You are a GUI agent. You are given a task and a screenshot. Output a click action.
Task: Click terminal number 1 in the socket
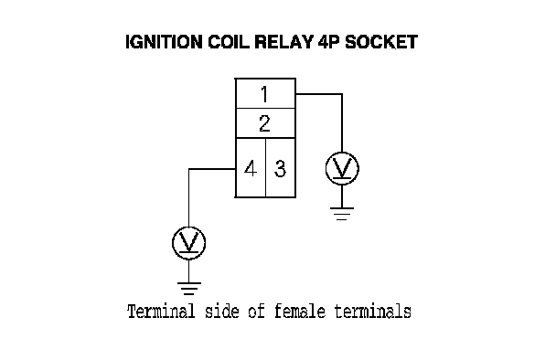[x=265, y=93]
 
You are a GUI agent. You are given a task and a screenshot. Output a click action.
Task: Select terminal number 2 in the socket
[x=265, y=123]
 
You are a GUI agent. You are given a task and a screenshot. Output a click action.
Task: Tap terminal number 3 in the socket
[x=281, y=168]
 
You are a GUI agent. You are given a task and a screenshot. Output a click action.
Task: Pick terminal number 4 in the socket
[x=251, y=168]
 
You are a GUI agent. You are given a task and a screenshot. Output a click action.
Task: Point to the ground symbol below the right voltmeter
[x=342, y=214]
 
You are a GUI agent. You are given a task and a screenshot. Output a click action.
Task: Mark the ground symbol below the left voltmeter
[x=189, y=289]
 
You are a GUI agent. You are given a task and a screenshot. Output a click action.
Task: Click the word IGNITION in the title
[x=165, y=42]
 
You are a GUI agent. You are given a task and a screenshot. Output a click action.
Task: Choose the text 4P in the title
[x=328, y=42]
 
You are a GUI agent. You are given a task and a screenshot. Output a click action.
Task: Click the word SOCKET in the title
[x=381, y=42]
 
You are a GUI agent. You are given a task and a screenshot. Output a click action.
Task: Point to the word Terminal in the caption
[x=161, y=312]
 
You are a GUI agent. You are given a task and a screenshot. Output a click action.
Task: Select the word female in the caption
[x=300, y=312]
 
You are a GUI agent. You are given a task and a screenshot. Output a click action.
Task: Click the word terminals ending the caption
[x=372, y=312]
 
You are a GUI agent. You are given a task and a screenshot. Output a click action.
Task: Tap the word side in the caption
[x=221, y=312]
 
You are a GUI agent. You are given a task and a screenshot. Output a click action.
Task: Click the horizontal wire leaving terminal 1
[x=319, y=94]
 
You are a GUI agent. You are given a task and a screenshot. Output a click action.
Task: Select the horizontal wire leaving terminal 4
[x=212, y=169]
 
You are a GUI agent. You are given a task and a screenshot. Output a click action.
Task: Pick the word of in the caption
[x=256, y=312]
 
